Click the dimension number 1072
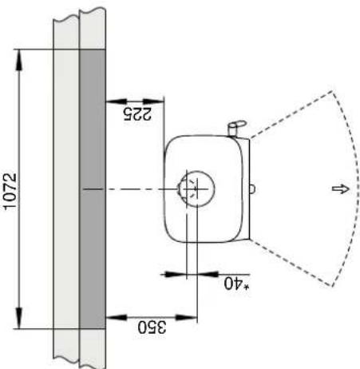coord(11,190)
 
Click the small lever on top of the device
coord(235,126)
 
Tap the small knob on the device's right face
coord(252,189)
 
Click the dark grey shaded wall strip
coord(93,190)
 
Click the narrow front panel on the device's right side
coord(246,189)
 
